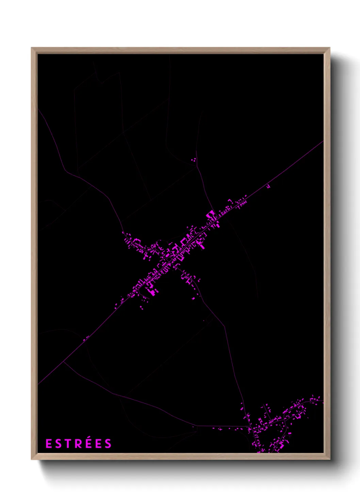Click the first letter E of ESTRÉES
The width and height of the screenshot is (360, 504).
pos(48,444)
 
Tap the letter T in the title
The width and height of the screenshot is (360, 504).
pos(66,444)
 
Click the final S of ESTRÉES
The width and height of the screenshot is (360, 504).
pos(108,444)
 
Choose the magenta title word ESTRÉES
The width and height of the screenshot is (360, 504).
pos(78,444)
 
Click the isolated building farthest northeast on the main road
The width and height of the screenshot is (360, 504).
pos(268,186)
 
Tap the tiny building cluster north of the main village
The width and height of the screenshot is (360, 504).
pos(194,159)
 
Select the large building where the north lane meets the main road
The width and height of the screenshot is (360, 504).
pos(211,215)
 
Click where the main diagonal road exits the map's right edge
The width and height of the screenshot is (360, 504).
pos(323,141)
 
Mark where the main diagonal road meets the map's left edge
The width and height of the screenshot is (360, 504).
pos(38,384)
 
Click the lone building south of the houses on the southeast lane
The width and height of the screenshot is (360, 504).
pos(193,299)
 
